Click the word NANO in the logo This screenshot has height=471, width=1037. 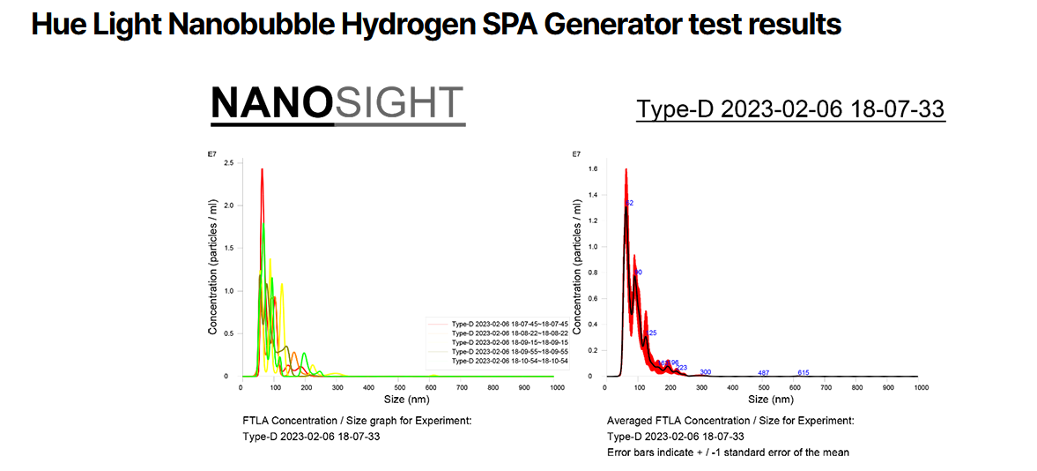[x=271, y=103]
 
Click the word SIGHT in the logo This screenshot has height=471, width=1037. [x=399, y=103]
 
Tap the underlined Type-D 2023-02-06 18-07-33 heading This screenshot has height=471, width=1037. [x=790, y=109]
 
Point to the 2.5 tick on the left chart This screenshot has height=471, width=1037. [x=228, y=163]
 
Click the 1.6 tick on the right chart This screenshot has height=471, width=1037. [x=593, y=168]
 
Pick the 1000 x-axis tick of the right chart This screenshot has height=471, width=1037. [x=921, y=386]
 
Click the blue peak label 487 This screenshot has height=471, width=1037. [x=763, y=373]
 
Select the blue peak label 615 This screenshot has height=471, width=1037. [x=803, y=373]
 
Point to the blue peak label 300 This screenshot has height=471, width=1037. [x=705, y=372]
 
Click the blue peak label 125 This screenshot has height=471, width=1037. [x=651, y=333]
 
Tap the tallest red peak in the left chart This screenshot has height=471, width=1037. [x=263, y=172]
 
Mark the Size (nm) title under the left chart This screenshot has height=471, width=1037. [x=399, y=400]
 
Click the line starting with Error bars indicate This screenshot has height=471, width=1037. [x=728, y=452]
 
